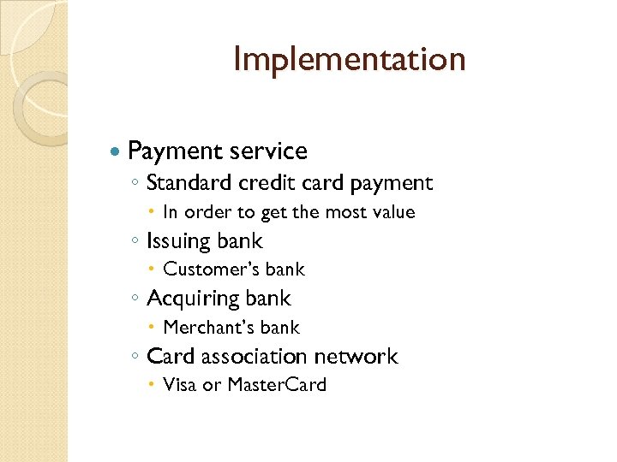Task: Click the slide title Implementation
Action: [349, 59]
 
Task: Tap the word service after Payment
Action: [267, 151]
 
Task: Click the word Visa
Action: [180, 385]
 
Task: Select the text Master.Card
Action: [277, 385]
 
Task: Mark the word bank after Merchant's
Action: [281, 328]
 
